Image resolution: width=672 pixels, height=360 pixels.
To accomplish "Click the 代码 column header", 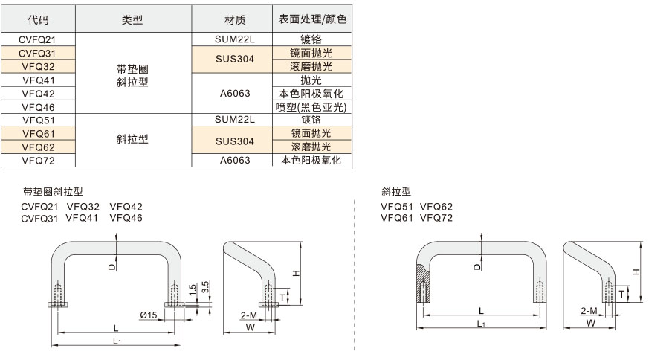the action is pos(38,20).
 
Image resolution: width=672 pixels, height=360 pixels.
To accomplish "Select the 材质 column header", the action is pos(235,20).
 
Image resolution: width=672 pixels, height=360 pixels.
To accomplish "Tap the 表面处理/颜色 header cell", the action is pos(312,19).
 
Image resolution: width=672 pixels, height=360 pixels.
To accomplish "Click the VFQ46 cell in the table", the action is pos(39,107).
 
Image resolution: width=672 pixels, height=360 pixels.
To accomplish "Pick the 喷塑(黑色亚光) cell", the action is pos(311,107).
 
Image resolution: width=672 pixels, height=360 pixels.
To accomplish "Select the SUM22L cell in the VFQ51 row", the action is pos(235,120).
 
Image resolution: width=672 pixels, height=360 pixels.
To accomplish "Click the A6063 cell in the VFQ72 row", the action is pos(235,160).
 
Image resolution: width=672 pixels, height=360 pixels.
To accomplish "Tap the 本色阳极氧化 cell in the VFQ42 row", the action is pos(311,94).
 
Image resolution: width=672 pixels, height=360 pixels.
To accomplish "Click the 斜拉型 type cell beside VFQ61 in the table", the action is pos(132,139).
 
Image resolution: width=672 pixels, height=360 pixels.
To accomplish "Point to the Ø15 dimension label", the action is pos(148,315).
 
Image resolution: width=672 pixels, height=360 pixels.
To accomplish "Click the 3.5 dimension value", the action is pos(205,287).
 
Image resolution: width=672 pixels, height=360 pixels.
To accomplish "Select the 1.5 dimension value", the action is pos(193,289).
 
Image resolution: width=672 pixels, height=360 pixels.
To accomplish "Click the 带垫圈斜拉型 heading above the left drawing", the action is pos(53,192).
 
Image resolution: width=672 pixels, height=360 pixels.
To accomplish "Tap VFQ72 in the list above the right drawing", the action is pos(436,218).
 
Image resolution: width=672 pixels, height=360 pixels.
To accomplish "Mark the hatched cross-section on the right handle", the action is pos(423,285).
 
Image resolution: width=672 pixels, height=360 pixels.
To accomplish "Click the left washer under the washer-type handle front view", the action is pos(58,305).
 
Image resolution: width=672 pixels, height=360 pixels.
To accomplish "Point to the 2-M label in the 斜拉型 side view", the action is pos(589,311).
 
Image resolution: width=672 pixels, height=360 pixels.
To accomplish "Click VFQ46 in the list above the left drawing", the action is pos(126,218).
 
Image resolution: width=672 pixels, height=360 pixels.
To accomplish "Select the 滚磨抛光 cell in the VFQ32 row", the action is pos(311,66).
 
